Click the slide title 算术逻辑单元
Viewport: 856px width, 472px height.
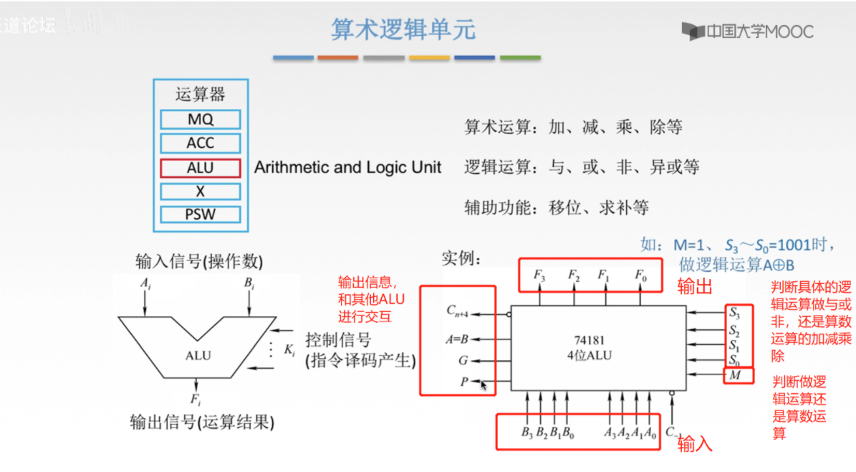click(403, 30)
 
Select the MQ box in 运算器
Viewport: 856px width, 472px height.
click(201, 119)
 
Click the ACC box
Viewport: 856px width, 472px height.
click(201, 143)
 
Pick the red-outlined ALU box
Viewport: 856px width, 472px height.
click(201, 167)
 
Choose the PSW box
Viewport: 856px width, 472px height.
click(201, 214)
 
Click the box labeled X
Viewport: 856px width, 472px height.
click(201, 191)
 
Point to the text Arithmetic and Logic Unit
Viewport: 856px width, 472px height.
click(347, 168)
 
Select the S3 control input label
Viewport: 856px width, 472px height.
click(734, 312)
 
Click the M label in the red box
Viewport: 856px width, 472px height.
click(735, 375)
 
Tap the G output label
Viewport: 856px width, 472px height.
click(464, 361)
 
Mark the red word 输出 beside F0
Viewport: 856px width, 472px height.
click(695, 287)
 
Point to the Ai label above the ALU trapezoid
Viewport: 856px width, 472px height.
click(145, 284)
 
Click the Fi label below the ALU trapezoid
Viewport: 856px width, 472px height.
click(195, 399)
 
